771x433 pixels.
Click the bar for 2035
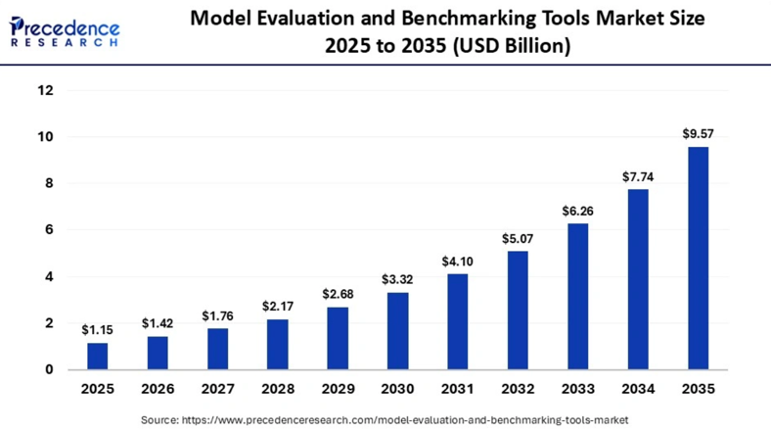698,258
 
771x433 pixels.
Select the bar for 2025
98,357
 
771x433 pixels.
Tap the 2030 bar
398,331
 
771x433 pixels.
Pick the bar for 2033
577,297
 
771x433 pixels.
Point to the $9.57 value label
698,134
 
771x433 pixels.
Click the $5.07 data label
518,239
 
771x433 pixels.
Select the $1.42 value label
158,323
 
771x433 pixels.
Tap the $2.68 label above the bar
338,294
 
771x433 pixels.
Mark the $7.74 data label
638,176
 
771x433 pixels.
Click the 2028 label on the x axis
278,389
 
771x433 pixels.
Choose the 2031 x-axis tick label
457,389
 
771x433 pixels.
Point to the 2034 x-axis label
638,389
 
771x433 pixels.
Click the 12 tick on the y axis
45,90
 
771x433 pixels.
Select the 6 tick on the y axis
49,230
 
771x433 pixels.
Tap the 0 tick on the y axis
49,369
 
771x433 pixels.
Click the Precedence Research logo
64,31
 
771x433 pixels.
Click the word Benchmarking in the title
496,19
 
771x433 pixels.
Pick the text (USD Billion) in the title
512,46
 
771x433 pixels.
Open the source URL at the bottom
405,420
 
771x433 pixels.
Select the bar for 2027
217,349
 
